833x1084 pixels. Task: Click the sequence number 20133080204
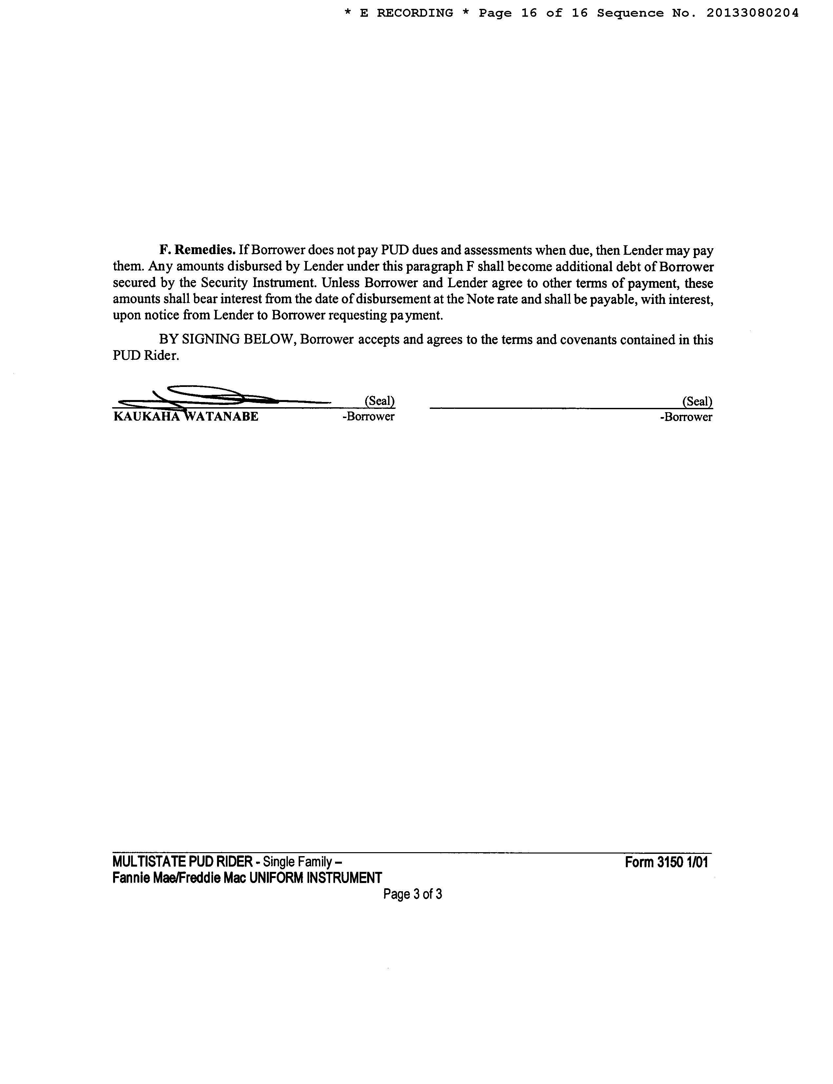click(752, 13)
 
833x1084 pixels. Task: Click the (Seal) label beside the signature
click(379, 401)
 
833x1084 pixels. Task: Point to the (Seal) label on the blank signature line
click(697, 401)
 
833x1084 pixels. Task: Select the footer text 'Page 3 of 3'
click(412, 894)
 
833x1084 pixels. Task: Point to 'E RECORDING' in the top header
click(406, 13)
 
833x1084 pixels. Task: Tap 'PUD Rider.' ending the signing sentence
click(146, 356)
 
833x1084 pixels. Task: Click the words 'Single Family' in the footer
click(296, 862)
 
